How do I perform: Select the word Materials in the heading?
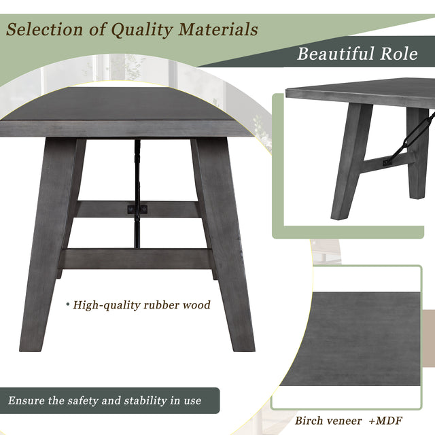click(219, 29)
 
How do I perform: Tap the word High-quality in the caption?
click(106, 305)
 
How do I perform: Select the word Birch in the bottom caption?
click(309, 421)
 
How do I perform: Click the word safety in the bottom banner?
click(83, 400)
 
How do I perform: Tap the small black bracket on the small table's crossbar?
click(388, 162)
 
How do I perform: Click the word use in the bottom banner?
click(192, 400)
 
